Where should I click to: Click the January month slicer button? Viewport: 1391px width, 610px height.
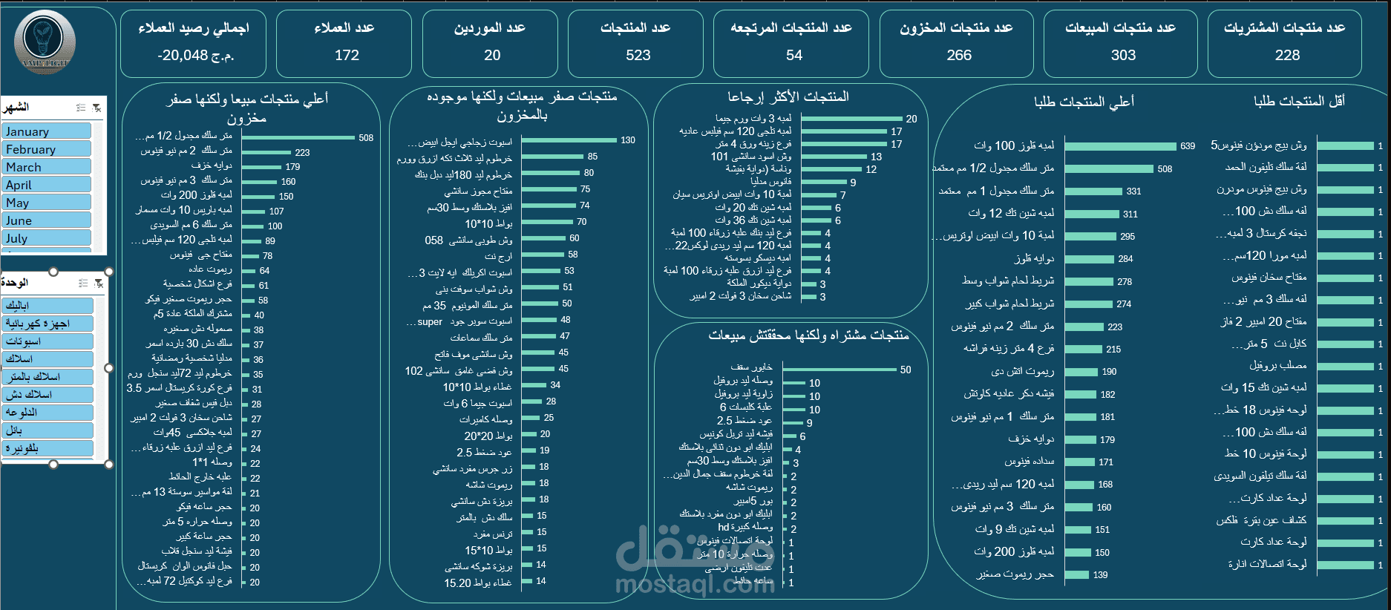point(47,131)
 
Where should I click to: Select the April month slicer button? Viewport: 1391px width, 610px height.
point(47,185)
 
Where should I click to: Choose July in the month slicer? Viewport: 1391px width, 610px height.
point(47,238)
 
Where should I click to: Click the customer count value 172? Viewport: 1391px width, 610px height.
point(347,55)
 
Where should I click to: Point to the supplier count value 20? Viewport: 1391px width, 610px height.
point(492,55)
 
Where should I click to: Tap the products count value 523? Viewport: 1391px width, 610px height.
point(638,55)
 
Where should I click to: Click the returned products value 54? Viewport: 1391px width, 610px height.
point(794,55)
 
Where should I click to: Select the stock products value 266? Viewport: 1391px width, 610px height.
point(959,55)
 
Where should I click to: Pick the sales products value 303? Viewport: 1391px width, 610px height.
point(1123,55)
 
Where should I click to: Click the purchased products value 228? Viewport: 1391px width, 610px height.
point(1287,55)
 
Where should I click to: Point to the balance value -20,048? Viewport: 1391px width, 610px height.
point(196,55)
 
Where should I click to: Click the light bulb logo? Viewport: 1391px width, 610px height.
point(45,41)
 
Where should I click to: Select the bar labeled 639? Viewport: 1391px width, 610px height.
point(1121,146)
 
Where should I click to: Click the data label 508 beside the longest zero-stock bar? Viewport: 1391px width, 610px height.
point(366,138)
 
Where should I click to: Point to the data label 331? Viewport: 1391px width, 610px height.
point(1133,191)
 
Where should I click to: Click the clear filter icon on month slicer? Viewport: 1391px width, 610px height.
point(96,108)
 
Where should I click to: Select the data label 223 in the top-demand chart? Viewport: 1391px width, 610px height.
point(1115,327)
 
